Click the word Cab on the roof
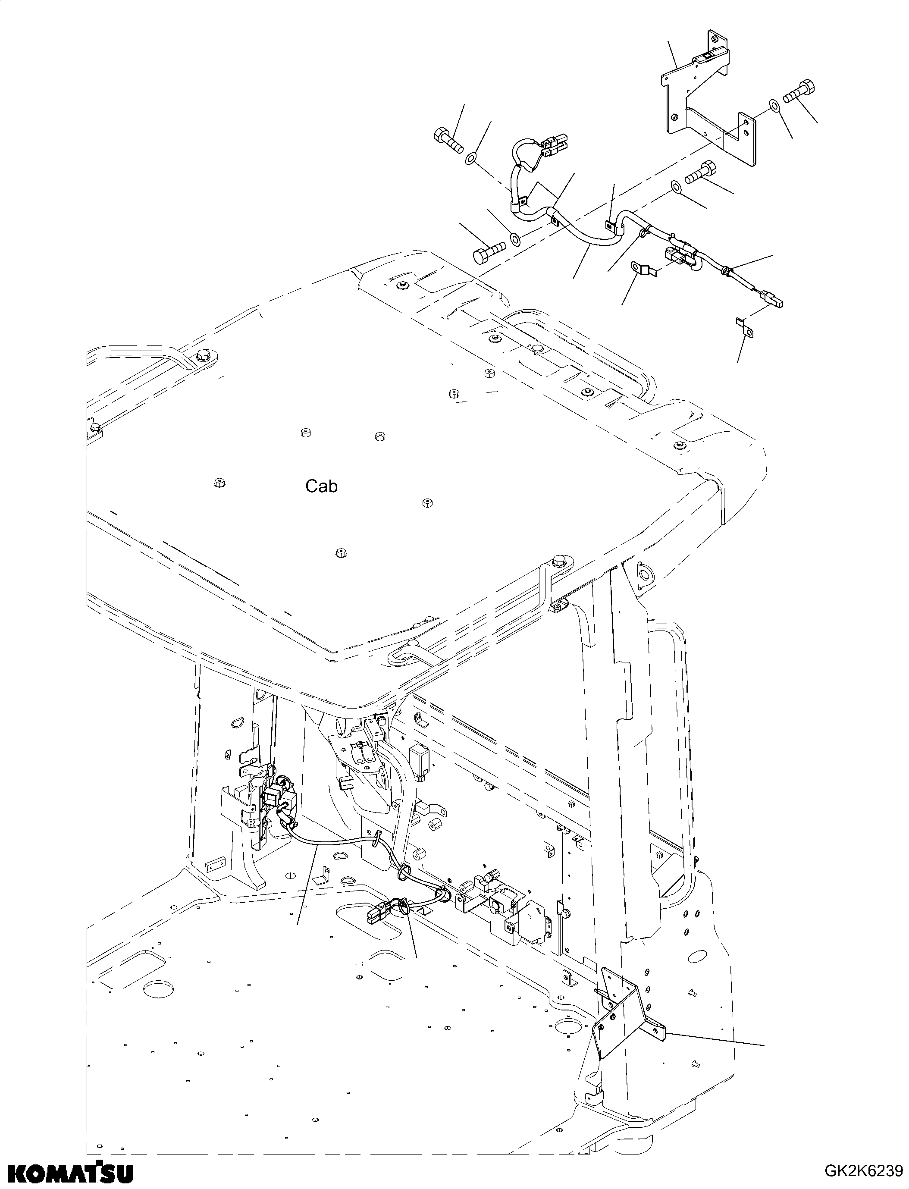(x=321, y=486)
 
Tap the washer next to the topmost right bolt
(x=774, y=105)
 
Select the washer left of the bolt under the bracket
(x=676, y=187)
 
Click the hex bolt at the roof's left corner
(x=204, y=355)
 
